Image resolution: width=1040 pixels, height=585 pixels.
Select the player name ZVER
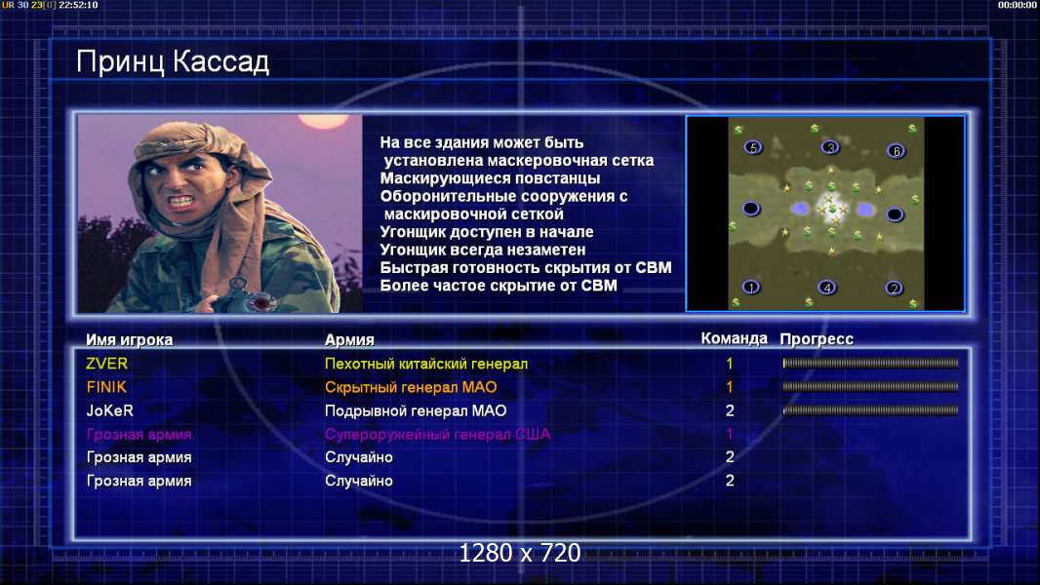[106, 364]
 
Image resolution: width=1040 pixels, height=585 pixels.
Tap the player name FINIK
[106, 387]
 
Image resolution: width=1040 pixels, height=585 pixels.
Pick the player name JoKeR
[110, 410]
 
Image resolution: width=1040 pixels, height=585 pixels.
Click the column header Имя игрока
[130, 340]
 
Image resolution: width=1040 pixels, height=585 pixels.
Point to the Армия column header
[349, 340]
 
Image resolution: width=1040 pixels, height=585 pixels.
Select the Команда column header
[735, 338]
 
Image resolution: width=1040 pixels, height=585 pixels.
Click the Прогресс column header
[817, 339]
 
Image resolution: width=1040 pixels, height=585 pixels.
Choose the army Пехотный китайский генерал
[426, 364]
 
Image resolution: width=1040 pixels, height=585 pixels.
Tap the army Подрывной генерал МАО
[416, 410]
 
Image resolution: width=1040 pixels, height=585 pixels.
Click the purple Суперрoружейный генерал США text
[438, 435]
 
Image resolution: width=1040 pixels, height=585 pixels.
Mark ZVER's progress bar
[870, 363]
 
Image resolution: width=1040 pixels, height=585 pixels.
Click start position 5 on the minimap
[753, 147]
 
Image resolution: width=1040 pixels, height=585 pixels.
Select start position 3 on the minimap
[829, 147]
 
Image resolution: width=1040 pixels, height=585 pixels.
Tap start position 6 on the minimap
[896, 151]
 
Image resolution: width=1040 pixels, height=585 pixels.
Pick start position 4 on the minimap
[827, 288]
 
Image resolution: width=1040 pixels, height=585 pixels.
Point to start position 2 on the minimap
[894, 289]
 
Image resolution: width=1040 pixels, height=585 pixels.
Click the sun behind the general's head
[323, 121]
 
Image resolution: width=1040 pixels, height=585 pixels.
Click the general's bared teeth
[180, 201]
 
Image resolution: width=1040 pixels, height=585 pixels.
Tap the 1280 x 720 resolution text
[520, 553]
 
